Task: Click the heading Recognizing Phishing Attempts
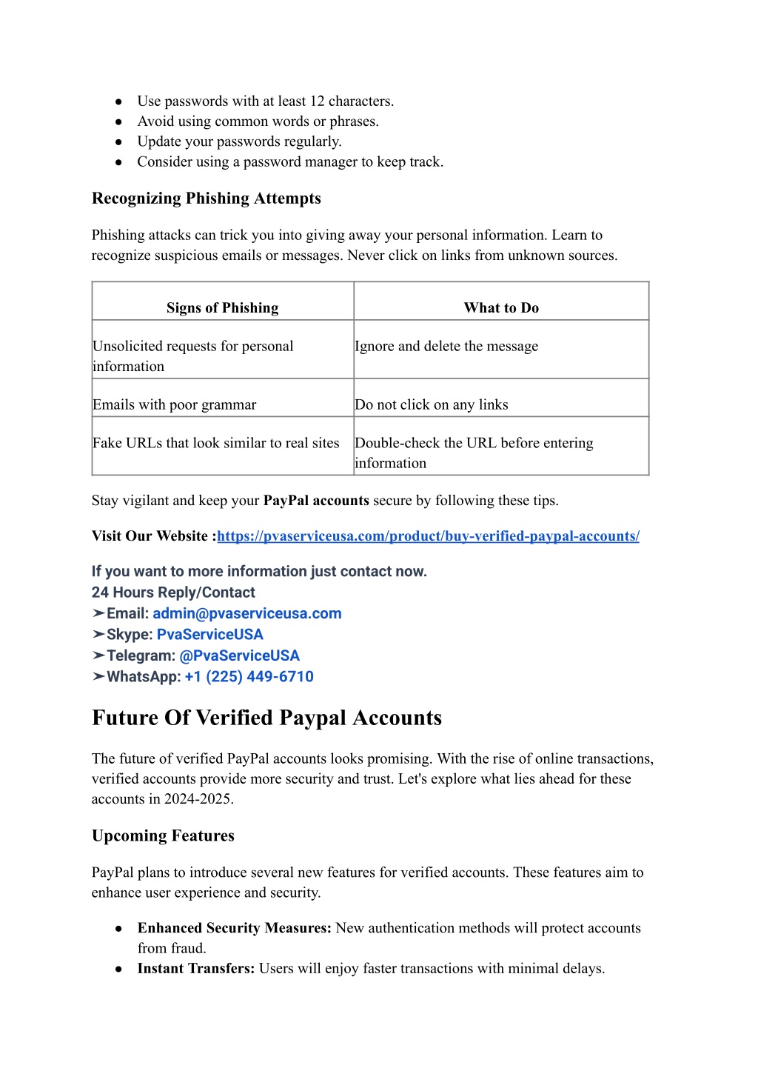click(206, 198)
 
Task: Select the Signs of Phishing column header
click(222, 308)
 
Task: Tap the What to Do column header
click(501, 308)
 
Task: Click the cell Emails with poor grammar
click(175, 404)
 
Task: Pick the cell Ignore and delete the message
click(446, 346)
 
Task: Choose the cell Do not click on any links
click(432, 404)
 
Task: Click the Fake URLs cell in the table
click(216, 443)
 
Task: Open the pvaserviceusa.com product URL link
click(428, 536)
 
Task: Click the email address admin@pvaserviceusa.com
click(247, 613)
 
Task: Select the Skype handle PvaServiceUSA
click(210, 635)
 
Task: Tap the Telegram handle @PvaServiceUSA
click(240, 655)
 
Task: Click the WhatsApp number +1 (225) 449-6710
click(249, 677)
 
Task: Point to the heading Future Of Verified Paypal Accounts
click(266, 718)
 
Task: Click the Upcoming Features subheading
click(163, 835)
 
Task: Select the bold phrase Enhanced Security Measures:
click(235, 928)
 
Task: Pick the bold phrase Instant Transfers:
click(196, 969)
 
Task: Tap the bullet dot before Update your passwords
click(118, 141)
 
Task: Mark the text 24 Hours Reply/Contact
click(173, 593)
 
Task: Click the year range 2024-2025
click(198, 799)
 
